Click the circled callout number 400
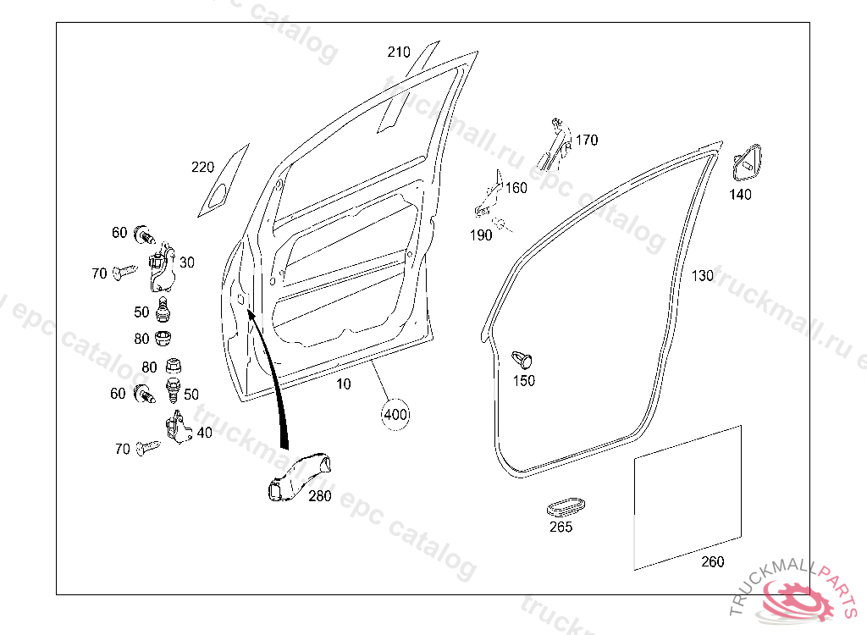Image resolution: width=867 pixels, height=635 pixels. [395, 415]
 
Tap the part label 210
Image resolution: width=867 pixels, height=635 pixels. [399, 52]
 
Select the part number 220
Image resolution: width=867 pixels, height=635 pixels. [203, 167]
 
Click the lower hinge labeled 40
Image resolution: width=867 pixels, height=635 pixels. [177, 427]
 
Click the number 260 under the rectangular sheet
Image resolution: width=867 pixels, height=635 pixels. [713, 561]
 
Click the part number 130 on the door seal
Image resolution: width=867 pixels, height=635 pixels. [702, 276]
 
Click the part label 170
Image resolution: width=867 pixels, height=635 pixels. [587, 140]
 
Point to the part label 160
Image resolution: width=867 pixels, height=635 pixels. [516, 187]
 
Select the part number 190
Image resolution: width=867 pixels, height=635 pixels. [481, 235]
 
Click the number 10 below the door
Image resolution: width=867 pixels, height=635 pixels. [343, 384]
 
